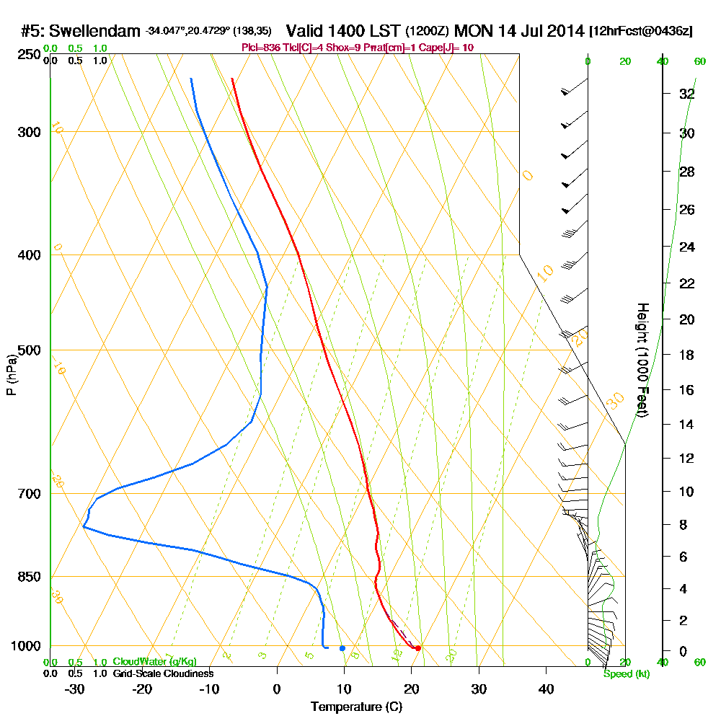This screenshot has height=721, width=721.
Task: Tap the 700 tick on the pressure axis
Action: (x=29, y=494)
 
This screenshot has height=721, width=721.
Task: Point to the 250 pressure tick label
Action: (x=29, y=54)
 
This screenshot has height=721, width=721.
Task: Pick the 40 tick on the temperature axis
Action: (x=546, y=689)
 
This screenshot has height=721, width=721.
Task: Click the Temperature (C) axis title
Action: (x=356, y=707)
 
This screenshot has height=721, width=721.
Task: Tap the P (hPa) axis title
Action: (x=11, y=375)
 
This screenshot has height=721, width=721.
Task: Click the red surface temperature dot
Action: (x=418, y=648)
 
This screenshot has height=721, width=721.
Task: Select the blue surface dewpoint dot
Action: (x=342, y=648)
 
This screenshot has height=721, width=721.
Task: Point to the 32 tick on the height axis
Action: (x=687, y=94)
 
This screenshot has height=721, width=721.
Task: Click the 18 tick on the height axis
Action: (x=687, y=355)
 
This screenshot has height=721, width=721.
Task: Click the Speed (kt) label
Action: (x=627, y=673)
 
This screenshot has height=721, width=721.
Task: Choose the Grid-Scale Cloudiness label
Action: (x=163, y=673)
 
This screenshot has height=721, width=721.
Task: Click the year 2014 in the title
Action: (x=565, y=31)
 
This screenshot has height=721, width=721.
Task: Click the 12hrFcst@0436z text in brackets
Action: (x=641, y=31)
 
